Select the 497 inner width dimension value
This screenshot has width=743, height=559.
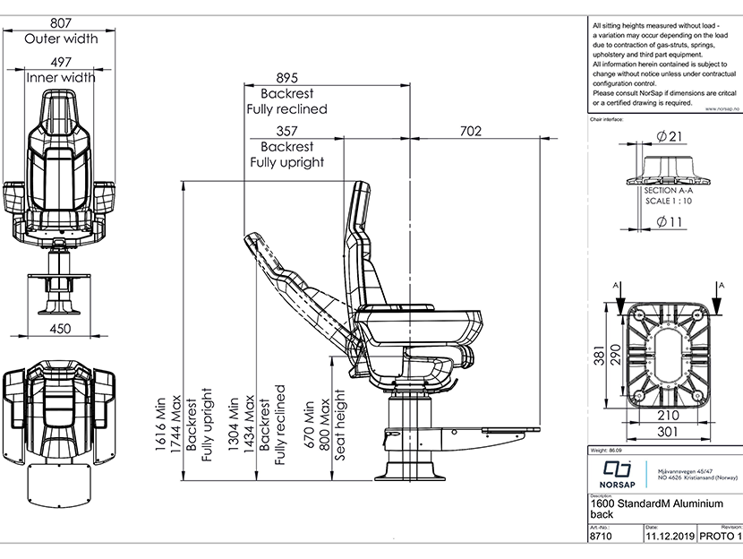pyautogui.click(x=60, y=63)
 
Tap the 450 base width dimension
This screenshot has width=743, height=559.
pyautogui.click(x=60, y=329)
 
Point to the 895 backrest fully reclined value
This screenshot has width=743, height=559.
pyautogui.click(x=286, y=78)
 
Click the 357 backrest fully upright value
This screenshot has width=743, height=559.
pyautogui.click(x=286, y=132)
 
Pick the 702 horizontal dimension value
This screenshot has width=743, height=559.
pyautogui.click(x=470, y=132)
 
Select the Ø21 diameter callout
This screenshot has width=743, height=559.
pyautogui.click(x=670, y=136)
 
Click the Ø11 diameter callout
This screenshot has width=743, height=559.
pyautogui.click(x=670, y=221)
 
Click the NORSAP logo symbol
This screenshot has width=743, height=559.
pyautogui.click(x=618, y=470)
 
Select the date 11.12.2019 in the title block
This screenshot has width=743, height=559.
pyautogui.click(x=668, y=537)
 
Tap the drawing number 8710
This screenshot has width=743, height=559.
pyautogui.click(x=601, y=537)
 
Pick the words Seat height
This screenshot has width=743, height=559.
pyautogui.click(x=339, y=425)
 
